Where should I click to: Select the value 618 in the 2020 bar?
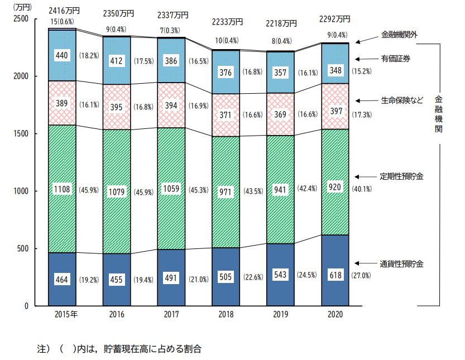335,276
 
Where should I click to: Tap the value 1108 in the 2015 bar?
61,189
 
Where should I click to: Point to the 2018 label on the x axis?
226,315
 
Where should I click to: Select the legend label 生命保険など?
401,100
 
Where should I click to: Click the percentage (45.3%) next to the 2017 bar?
199,189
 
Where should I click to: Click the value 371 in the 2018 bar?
226,114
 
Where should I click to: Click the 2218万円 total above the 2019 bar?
281,23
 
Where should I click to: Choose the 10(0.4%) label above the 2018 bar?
226,41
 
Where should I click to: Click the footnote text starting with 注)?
118,349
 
